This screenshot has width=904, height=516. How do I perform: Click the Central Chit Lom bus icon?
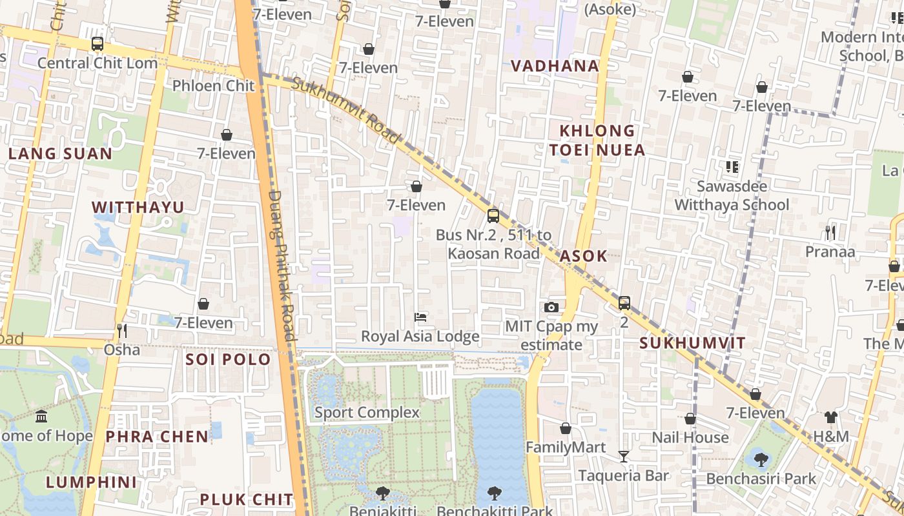click(x=98, y=44)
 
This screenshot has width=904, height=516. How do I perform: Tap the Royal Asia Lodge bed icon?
click(x=420, y=317)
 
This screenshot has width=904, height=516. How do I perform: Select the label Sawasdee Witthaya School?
click(x=732, y=195)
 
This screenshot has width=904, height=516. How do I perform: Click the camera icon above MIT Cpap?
click(x=551, y=307)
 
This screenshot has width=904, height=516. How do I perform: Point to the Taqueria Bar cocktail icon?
click(x=623, y=457)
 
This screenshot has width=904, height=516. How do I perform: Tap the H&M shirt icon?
click(x=831, y=417)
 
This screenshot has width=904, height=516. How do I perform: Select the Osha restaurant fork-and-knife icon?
click(x=121, y=331)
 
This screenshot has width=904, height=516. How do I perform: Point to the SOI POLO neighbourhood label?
click(x=228, y=359)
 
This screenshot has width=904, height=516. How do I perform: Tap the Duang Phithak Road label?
click(x=282, y=264)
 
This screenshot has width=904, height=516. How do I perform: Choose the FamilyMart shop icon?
click(x=566, y=428)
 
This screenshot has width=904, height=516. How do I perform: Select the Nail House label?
click(x=690, y=437)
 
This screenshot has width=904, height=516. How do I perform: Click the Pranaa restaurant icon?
click(x=830, y=233)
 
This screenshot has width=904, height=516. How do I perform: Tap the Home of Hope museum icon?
click(x=42, y=416)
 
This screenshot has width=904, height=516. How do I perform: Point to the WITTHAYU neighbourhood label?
click(x=138, y=207)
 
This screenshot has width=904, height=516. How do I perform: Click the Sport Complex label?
click(x=367, y=412)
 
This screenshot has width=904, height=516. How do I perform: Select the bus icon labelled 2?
click(x=624, y=303)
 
